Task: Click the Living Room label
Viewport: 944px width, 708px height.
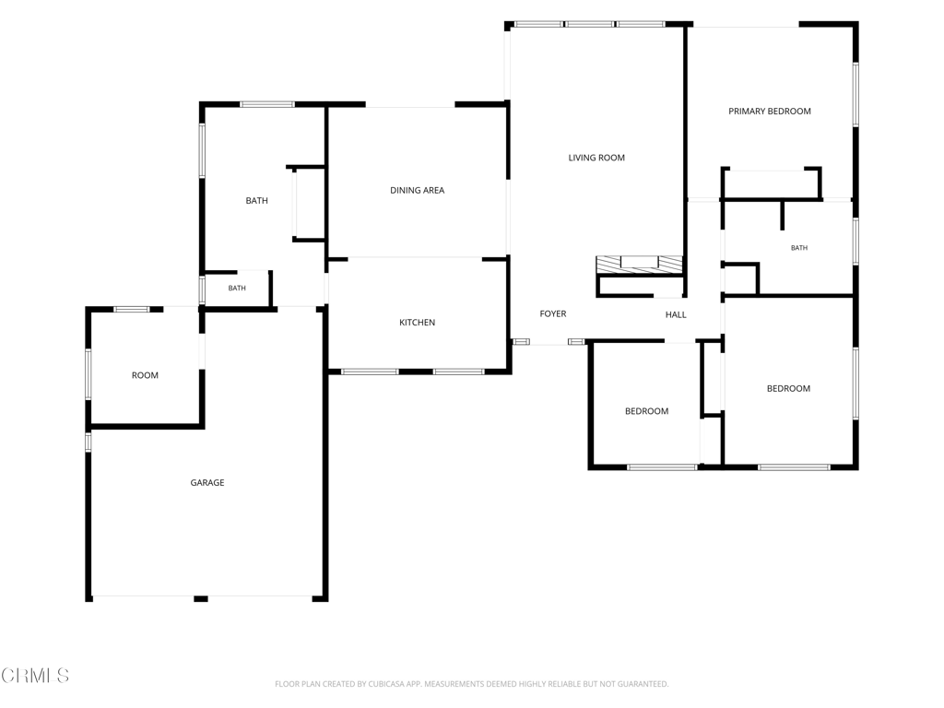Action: coord(596,158)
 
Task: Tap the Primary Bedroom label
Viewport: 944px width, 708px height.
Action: coord(770,112)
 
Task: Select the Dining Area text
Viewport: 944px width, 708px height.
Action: coord(418,190)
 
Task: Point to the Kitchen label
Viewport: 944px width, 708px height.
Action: coord(418,323)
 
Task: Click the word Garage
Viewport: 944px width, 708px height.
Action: coord(207,483)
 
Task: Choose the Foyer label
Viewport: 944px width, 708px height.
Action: coord(553,313)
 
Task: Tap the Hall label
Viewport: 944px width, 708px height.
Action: coord(676,315)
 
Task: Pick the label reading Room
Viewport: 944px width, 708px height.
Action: coord(145,376)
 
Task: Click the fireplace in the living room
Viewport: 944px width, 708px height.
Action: coord(640,265)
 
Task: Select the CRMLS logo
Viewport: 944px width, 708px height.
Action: coord(35,676)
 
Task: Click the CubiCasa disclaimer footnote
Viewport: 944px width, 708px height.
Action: coord(471,684)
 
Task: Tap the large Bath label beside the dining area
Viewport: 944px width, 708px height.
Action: coord(256,201)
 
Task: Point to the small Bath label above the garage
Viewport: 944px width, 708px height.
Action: coord(237,289)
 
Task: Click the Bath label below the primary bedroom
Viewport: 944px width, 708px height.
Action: coord(799,248)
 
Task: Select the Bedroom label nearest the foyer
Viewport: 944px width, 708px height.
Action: coord(646,411)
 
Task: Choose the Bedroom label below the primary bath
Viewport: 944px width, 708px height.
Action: coord(788,389)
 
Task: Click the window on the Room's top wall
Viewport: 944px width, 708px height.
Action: coord(132,310)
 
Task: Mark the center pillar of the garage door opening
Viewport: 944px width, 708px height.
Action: coord(200,599)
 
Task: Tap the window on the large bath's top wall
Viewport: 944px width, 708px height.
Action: coord(267,105)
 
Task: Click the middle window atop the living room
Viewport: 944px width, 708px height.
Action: coord(589,25)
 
